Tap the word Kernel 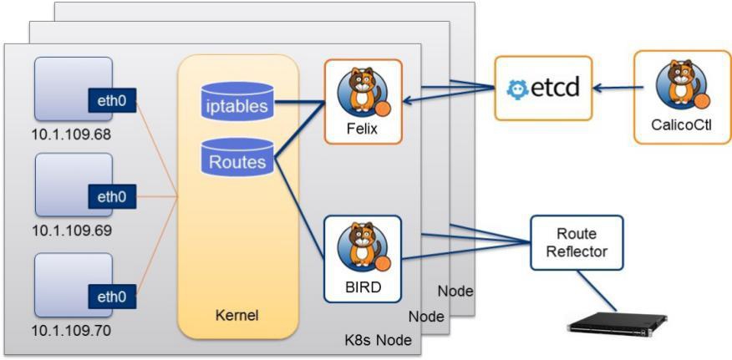[x=238, y=316]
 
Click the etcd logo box [x=543, y=88]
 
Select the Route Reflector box [x=577, y=242]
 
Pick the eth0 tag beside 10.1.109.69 [x=112, y=198]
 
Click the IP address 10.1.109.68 [x=71, y=133]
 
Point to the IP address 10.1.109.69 [x=71, y=229]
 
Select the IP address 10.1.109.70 [x=71, y=330]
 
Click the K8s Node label [x=379, y=342]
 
